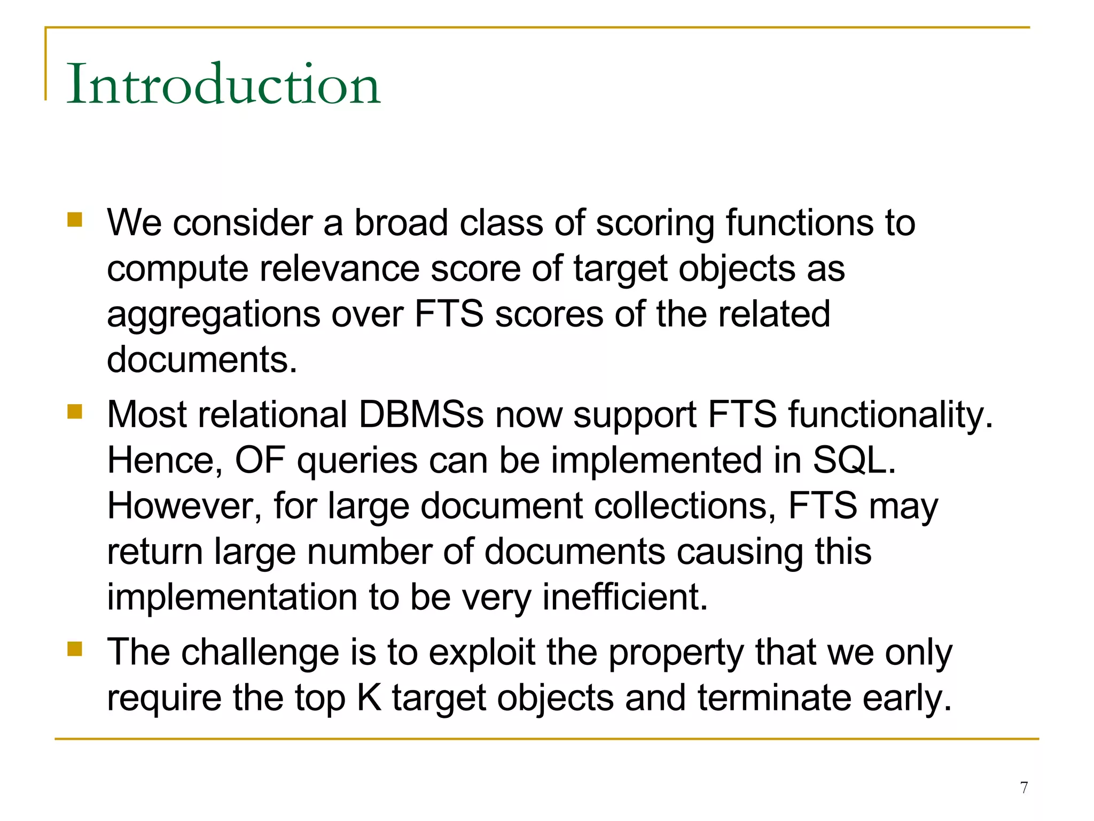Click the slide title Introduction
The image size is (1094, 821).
[223, 84]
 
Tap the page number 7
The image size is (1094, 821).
[1023, 787]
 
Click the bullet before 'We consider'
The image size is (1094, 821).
[75, 220]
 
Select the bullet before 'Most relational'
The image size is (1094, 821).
[75, 412]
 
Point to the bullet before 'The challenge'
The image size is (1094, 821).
[75, 649]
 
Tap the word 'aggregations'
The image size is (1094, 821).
[214, 315]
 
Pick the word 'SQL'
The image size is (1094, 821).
[853, 460]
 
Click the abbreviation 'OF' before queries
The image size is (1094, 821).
[260, 460]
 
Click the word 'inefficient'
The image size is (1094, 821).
[624, 597]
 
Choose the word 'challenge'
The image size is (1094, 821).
[260, 653]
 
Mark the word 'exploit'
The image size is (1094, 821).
[481, 653]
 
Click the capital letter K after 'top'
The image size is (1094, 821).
[369, 698]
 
